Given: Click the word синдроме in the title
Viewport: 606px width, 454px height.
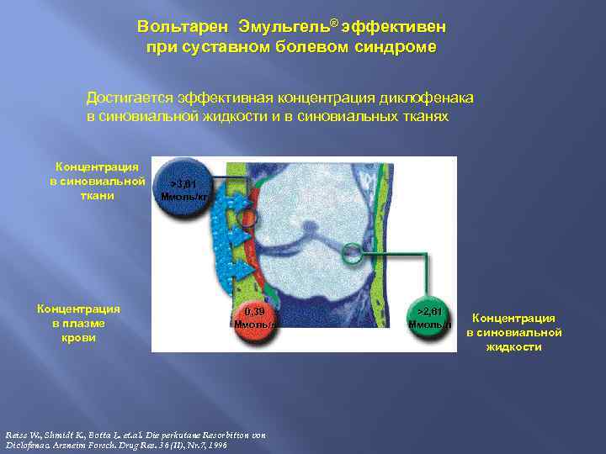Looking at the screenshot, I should [x=395, y=47].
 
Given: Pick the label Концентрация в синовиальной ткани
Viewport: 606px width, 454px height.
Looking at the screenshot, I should [x=97, y=181].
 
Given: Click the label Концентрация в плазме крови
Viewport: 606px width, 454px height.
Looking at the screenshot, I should [x=79, y=322].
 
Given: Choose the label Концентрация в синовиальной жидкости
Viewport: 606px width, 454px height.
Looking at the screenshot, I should [x=513, y=331].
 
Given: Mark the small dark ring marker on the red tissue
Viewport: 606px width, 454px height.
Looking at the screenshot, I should [x=245, y=219].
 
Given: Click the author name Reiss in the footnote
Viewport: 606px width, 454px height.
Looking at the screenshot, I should [x=14, y=435].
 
